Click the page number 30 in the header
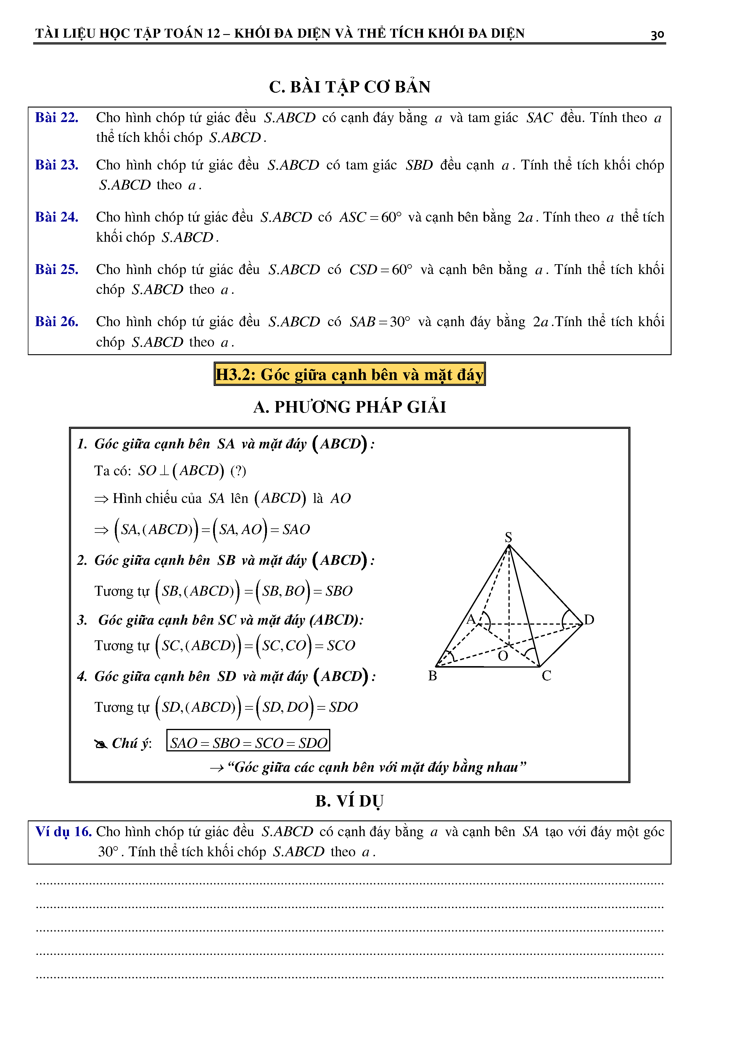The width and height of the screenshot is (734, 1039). [657, 34]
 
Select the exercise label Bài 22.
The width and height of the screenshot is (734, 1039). [57, 118]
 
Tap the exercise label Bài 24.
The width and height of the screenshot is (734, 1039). [57, 217]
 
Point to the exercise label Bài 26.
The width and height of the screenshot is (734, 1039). [57, 322]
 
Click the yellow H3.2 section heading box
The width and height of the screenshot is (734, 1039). [349, 374]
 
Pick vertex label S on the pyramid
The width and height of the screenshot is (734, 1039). [508, 537]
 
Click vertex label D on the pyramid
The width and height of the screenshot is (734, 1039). [589, 620]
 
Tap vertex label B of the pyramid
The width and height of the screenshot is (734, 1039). [432, 676]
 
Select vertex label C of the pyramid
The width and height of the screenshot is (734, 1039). [546, 676]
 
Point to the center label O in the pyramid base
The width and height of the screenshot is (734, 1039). [503, 656]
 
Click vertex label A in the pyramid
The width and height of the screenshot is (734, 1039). [471, 619]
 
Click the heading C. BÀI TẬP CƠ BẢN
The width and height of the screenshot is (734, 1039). [350, 87]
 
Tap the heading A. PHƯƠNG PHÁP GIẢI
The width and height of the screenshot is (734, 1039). [350, 407]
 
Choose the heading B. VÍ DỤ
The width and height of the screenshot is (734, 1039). [350, 801]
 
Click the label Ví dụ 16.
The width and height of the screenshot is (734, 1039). [63, 832]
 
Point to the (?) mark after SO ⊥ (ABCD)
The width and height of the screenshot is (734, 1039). [238, 471]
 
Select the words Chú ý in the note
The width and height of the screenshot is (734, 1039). [131, 743]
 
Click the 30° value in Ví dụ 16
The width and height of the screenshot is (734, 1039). [108, 852]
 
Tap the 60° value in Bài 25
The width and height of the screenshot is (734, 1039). [402, 270]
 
